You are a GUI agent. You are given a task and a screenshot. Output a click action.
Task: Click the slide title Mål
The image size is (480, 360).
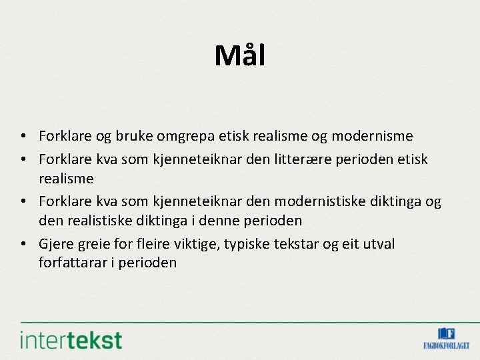click(x=239, y=55)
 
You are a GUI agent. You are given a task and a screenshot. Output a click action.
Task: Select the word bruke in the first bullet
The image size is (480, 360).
click(x=133, y=137)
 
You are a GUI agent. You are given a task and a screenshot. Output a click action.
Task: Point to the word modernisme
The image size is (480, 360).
click(x=372, y=137)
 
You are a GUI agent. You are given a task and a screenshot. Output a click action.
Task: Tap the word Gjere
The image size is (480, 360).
click(x=55, y=244)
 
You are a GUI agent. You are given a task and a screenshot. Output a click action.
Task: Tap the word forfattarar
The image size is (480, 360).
click(x=73, y=263)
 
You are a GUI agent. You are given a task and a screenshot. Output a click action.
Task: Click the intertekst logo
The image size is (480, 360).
click(x=71, y=339)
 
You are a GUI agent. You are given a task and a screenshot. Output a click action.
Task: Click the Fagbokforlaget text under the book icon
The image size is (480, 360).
click(x=446, y=345)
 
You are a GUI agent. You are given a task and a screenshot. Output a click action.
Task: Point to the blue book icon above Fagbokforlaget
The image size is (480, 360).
click(x=446, y=333)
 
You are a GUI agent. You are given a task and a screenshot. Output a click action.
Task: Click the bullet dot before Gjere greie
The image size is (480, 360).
click(x=23, y=245)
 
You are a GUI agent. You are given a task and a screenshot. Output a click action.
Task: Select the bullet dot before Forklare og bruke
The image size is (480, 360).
click(x=23, y=137)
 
